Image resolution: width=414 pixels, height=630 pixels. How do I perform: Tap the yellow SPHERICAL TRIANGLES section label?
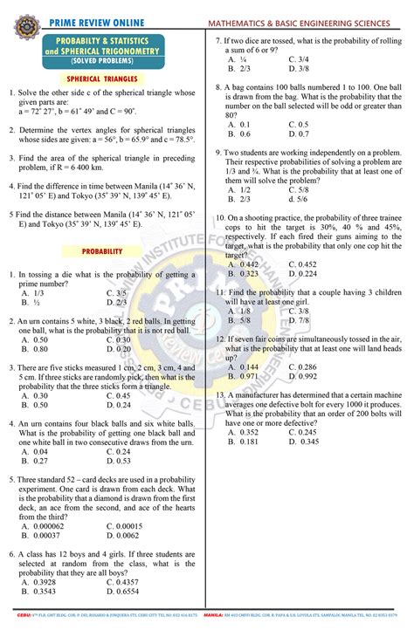pos(102,79)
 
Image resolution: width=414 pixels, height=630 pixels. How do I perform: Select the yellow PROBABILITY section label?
pos(102,251)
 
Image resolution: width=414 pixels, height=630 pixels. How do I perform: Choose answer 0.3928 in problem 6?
pos(45,582)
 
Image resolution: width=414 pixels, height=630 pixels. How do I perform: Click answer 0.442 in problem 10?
pos(249,264)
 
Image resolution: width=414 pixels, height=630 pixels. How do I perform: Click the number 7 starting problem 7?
pos(218,41)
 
